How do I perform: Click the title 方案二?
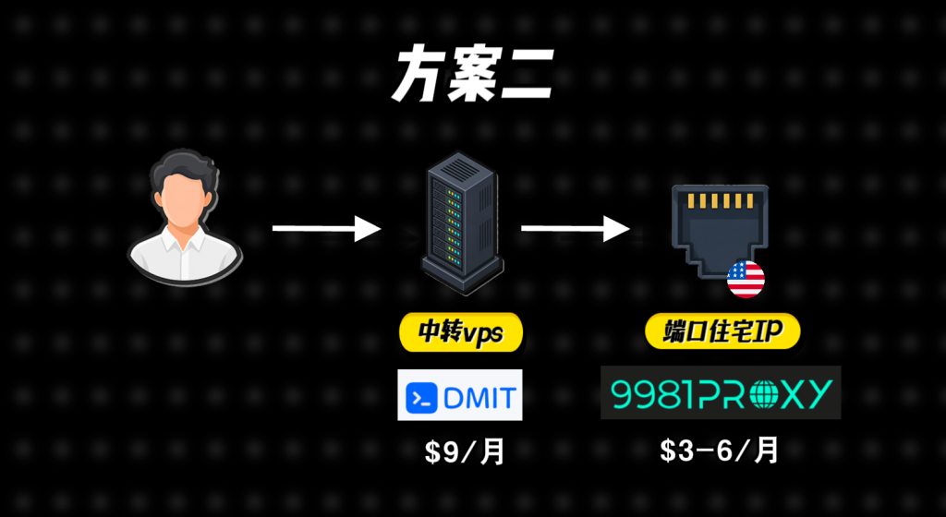(x=472, y=75)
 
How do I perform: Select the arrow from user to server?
(x=326, y=228)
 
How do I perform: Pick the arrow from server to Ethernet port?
(x=576, y=228)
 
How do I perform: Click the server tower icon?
(x=462, y=222)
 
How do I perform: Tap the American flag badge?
(x=746, y=280)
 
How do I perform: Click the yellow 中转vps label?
(x=461, y=332)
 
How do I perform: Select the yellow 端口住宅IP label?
(x=722, y=331)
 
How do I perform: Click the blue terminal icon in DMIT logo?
(x=421, y=398)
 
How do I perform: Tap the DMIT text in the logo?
(x=479, y=398)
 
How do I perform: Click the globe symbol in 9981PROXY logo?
(x=766, y=393)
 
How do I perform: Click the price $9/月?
(x=464, y=452)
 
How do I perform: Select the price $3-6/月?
(x=719, y=451)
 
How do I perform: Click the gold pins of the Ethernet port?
(x=721, y=200)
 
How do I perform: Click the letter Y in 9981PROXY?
(x=819, y=393)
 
